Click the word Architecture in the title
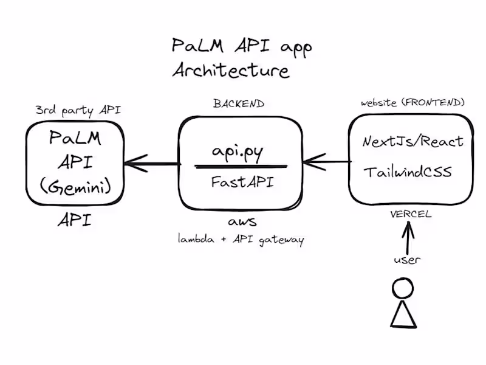[x=231, y=71]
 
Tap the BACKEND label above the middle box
[x=239, y=104]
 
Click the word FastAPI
[x=240, y=181]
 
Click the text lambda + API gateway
[x=241, y=240]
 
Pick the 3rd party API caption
[x=78, y=110]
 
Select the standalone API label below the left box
[x=75, y=220]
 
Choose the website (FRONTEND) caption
[x=413, y=102]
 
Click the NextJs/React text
[x=413, y=142]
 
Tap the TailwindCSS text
[x=408, y=172]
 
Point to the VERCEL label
[x=411, y=214]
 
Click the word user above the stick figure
[x=407, y=260]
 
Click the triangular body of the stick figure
[x=402, y=314]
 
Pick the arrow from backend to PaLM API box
[x=152, y=163]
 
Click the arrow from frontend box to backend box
[x=326, y=162]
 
